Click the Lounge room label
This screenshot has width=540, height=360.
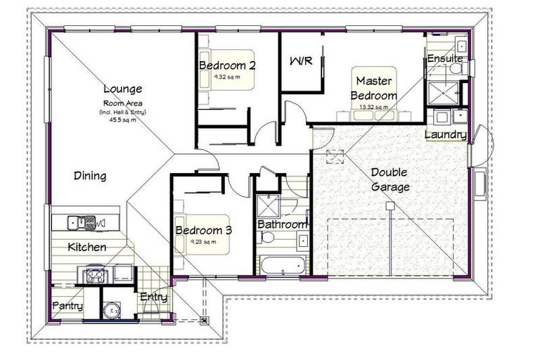[x=123, y=89]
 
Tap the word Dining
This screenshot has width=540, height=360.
[x=90, y=176]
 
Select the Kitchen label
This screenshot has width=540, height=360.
[x=87, y=247]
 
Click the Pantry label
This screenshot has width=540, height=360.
[x=67, y=307]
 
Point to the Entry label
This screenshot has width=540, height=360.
[x=153, y=297]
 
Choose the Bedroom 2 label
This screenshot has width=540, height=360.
[x=226, y=65]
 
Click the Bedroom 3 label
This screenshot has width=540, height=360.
[x=205, y=230]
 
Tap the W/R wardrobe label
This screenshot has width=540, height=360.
[x=300, y=61]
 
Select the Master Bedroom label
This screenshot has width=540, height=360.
[x=374, y=88]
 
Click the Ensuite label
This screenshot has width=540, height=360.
[x=444, y=58]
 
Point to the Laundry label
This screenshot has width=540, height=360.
[x=445, y=134]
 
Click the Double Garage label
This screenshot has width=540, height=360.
[x=390, y=179]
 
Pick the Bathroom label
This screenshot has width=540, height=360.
[x=282, y=224]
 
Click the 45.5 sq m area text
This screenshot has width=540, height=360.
[x=122, y=120]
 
